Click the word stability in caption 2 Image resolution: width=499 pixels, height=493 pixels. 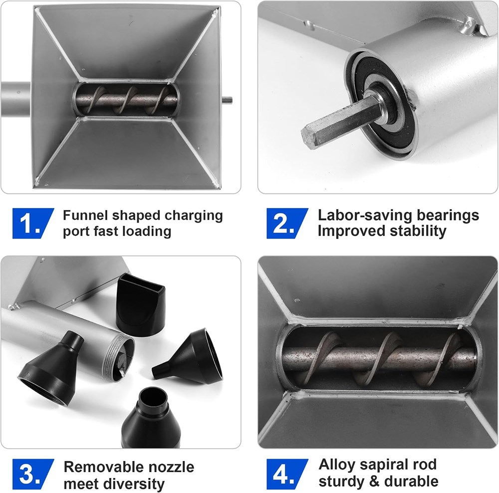(x=418, y=232)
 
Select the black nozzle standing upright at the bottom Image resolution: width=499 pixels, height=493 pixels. (x=151, y=419)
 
